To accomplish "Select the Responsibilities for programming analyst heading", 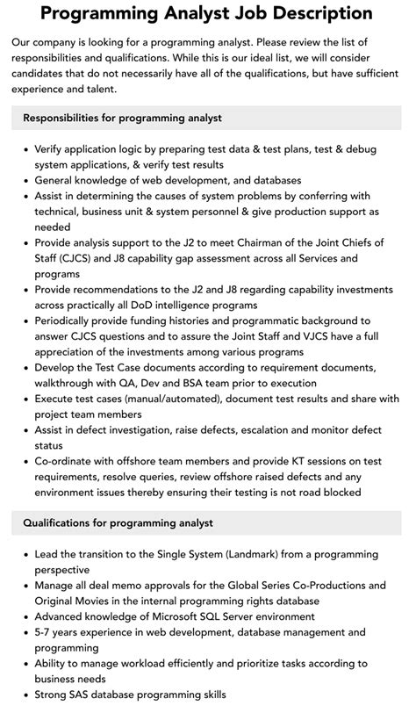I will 122,118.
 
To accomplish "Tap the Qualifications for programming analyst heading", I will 118,523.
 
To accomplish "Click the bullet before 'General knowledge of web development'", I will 23,180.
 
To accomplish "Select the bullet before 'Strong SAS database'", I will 23,695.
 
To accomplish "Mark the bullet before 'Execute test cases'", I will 23,400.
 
